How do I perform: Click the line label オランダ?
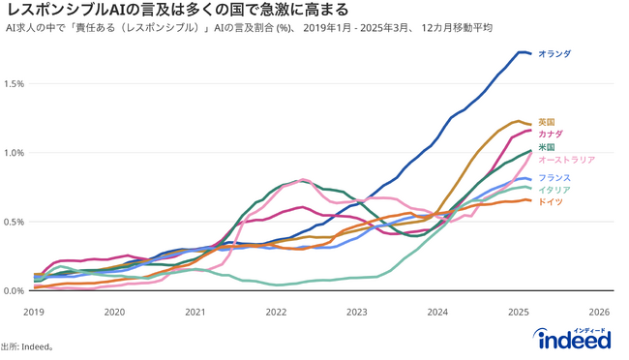(x=554, y=54)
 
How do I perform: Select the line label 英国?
(x=546, y=122)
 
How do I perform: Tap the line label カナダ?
(x=550, y=134)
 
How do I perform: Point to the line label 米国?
(x=546, y=147)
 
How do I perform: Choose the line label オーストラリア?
(x=566, y=160)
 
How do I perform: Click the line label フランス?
(x=554, y=178)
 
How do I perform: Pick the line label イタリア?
(x=554, y=190)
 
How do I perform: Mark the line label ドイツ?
(x=550, y=201)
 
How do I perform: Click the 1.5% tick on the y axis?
(x=15, y=83)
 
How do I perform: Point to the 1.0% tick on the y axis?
(x=15, y=153)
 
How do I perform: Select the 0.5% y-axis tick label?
(x=15, y=222)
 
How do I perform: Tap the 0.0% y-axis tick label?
(x=15, y=290)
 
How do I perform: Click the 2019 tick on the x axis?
(x=34, y=312)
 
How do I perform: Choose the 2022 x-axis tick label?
(x=276, y=312)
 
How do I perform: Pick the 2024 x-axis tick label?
(x=437, y=312)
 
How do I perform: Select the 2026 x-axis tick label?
(x=599, y=312)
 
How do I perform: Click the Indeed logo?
(x=573, y=340)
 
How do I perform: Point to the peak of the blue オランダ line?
(x=521, y=52)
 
